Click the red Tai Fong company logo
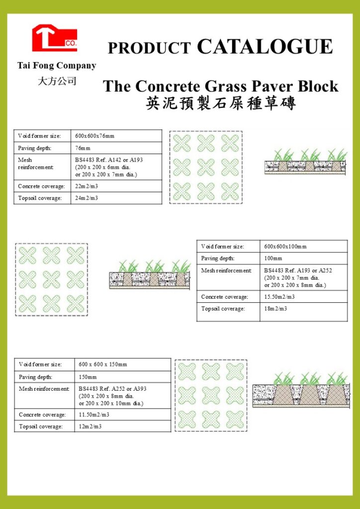[x=54, y=39]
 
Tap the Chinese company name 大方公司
[x=57, y=81]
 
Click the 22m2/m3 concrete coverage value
[x=87, y=186]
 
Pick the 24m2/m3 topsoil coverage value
[x=87, y=198]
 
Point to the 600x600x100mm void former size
[x=285, y=247]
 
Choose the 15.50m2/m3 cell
[x=279, y=297]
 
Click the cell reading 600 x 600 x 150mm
[x=103, y=364]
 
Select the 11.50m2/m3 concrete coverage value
[x=94, y=415]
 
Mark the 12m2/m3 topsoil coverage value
[x=90, y=426]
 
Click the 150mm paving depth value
[x=88, y=377]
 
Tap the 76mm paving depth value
[x=83, y=148]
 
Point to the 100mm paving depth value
[x=273, y=258]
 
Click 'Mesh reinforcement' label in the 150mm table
[x=44, y=389]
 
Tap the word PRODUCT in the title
[x=149, y=48]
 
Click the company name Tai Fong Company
[x=57, y=66]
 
